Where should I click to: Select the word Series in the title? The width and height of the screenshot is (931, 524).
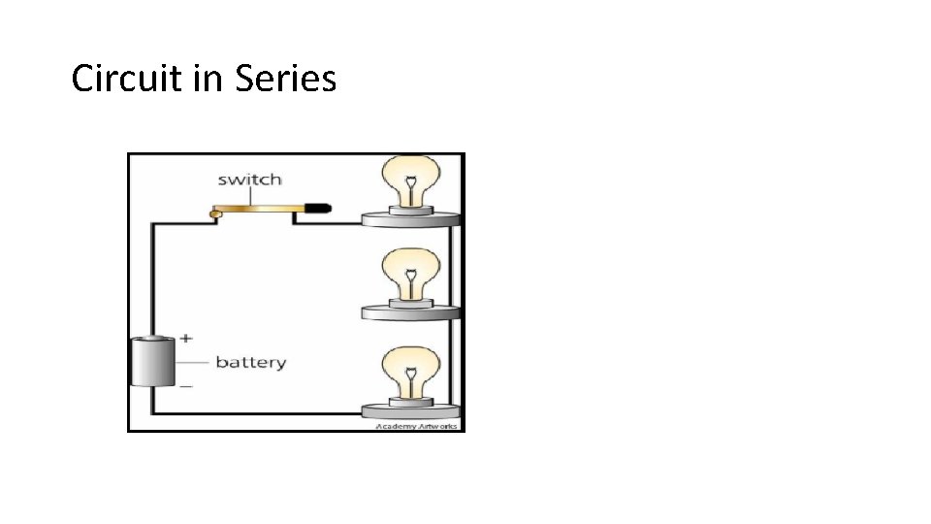pos(285,78)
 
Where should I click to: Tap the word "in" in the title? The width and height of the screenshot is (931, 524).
pos(209,78)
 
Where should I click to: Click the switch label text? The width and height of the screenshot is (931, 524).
pos(249,180)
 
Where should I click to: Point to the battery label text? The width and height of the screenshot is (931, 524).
pos(250,363)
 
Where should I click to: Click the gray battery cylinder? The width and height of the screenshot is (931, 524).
pos(152,363)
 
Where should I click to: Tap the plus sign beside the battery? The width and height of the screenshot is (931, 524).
pos(186,338)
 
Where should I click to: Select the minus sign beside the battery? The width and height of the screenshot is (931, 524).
pos(186,386)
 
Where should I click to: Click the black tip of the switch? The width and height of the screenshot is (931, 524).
pos(319,208)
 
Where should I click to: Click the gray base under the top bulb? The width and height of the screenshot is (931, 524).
pos(411,219)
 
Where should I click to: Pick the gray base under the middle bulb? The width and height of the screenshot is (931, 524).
pos(411,311)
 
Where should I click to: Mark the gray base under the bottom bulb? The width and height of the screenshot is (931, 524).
pos(411,409)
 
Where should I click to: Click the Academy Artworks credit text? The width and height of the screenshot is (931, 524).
pos(418,426)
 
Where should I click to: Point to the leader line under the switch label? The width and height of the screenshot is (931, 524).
pos(250,196)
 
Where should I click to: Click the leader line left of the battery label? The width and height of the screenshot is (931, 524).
pos(193,363)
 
